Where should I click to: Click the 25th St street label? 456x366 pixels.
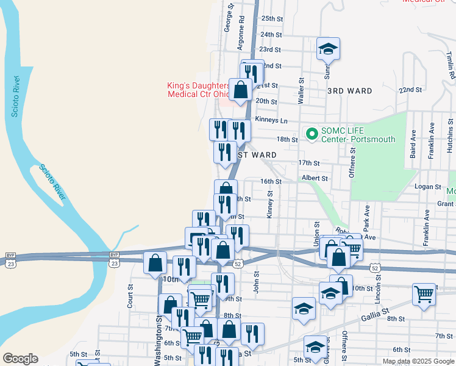(x=272, y=20)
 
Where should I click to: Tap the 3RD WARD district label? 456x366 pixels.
(x=349, y=91)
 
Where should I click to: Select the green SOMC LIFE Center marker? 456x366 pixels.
(x=312, y=133)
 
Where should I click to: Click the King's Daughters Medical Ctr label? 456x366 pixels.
(x=198, y=90)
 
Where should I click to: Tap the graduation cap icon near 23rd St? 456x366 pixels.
(x=328, y=49)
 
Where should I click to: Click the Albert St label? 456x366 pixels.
(x=315, y=179)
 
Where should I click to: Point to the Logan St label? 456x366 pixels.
(x=427, y=187)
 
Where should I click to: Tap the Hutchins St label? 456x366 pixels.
(x=449, y=139)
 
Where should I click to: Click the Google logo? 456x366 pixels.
(x=20, y=359)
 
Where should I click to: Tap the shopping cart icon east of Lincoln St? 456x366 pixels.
(x=423, y=295)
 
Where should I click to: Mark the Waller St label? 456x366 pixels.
(x=301, y=91)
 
